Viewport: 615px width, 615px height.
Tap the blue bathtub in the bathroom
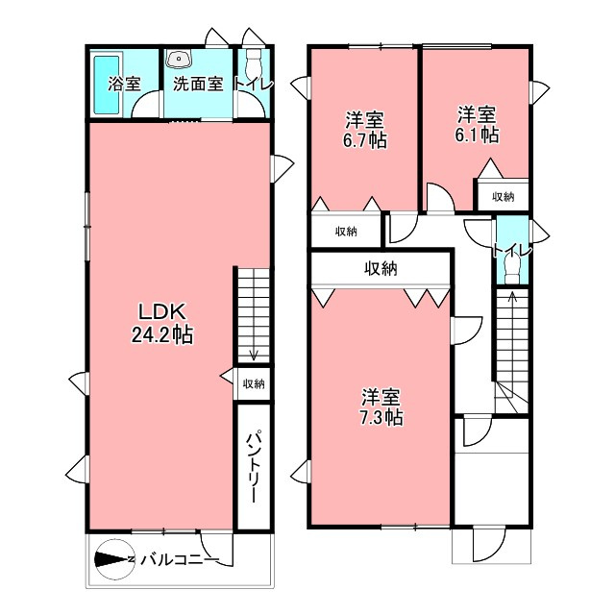101,85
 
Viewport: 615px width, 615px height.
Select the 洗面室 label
198,84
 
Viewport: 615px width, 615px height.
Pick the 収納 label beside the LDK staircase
254,384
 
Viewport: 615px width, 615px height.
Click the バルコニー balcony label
180,558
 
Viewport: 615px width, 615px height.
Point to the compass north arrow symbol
113,558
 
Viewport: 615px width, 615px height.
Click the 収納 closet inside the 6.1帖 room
503,197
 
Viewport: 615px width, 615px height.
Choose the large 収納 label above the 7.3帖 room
381,268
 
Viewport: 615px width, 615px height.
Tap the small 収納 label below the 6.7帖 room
346,232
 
